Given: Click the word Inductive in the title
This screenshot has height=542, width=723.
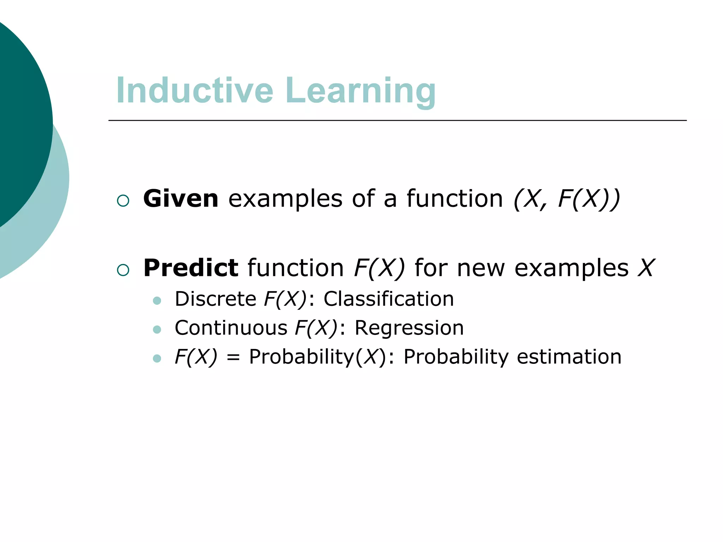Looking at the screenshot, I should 195,91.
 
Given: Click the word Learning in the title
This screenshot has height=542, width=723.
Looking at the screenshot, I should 360,91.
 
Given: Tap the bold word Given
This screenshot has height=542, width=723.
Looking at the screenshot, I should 180,199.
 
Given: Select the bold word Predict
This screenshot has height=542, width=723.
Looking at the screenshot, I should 191,268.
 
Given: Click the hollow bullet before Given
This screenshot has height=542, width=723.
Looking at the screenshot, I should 123,201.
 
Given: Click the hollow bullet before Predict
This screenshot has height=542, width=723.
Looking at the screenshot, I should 123,270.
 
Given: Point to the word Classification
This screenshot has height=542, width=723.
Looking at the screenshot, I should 388,299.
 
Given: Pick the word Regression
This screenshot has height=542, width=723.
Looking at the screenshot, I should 409,328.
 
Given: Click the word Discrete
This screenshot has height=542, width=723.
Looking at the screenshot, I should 215,299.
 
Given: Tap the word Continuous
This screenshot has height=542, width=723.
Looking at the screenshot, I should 231,328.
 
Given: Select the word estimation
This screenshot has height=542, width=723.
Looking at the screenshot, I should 569,356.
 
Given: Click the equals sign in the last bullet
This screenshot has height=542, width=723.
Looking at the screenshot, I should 233,358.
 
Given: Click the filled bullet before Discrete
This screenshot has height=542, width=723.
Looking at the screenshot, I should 157,301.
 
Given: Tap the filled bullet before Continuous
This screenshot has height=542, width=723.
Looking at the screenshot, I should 157,330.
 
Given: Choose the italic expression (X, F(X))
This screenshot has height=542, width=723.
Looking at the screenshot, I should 566,199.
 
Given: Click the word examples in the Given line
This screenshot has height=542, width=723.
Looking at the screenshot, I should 285,199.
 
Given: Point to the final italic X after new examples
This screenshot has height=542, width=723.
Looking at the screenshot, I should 646,268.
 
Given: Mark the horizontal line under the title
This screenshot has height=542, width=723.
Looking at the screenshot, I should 397,120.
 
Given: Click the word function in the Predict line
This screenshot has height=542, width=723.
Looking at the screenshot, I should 295,268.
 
